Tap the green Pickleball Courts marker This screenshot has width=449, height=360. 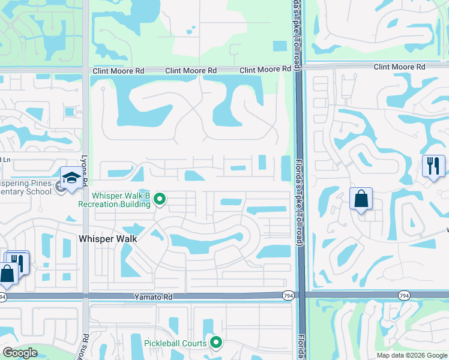[x=217, y=343]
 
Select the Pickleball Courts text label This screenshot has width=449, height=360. [x=175, y=343]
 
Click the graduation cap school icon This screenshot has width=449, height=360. [x=71, y=178]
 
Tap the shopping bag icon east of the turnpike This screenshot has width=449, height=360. [x=361, y=199]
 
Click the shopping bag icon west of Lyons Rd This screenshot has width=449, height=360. [x=8, y=273]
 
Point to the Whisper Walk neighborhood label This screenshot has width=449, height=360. [x=108, y=239]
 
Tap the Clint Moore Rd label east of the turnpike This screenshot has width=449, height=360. [x=399, y=67]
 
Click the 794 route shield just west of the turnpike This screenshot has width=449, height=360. [x=289, y=295]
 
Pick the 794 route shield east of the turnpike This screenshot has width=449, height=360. [x=405, y=295]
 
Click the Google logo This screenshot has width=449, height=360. [x=20, y=353]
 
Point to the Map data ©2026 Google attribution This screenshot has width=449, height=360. [x=412, y=355]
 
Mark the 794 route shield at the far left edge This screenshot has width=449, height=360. [x=2, y=296]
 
